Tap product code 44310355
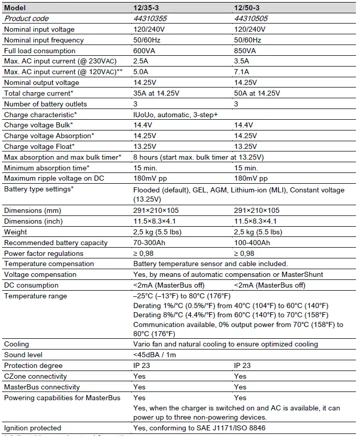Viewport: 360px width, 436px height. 150,18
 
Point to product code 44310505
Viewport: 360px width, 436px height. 251,18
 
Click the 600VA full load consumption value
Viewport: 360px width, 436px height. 143,51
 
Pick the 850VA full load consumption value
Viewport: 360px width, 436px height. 244,51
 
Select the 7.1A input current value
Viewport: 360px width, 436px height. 241,72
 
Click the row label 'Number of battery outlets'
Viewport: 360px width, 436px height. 46,104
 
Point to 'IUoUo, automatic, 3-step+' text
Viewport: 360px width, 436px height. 175,115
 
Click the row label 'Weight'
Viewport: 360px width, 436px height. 15,232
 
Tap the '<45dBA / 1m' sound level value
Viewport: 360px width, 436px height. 155,355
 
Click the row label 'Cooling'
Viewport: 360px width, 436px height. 16,344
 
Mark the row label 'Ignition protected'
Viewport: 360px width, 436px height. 33,428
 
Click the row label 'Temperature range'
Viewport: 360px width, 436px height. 36,296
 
